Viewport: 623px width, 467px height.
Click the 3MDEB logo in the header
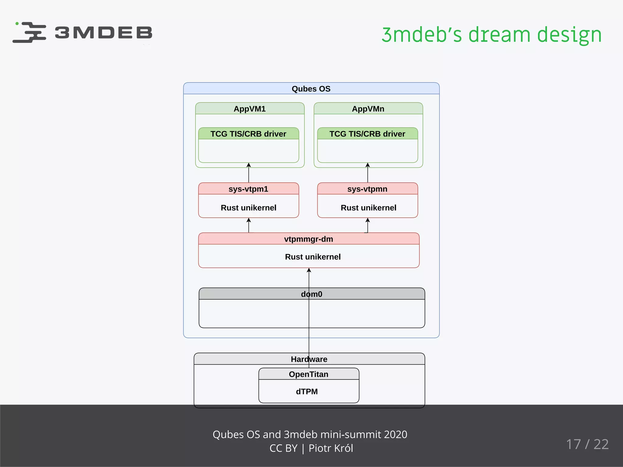point(82,32)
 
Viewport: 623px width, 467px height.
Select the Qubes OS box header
point(311,89)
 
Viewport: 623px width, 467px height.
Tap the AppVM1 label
point(249,109)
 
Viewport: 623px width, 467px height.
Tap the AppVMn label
point(368,109)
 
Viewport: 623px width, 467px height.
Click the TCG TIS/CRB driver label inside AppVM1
point(248,134)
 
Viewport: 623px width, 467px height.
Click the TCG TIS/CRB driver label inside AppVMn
point(367,134)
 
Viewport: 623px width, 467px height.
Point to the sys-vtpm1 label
point(248,189)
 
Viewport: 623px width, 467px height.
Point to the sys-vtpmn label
point(367,189)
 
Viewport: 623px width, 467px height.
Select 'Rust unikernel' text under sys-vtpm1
point(248,208)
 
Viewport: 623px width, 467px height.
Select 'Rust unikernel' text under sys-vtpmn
point(368,208)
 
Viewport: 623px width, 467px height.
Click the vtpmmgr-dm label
point(308,239)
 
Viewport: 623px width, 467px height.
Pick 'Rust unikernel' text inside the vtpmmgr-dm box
point(313,257)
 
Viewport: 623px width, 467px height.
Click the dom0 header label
point(311,294)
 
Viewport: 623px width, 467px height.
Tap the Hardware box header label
point(309,359)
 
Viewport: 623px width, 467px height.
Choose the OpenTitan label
point(308,374)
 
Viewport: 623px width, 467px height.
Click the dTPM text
point(307,392)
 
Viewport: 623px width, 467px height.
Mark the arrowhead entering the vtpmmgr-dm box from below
point(309,270)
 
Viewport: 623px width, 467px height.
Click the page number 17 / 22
point(587,444)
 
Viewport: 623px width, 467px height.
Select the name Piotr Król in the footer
point(331,448)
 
